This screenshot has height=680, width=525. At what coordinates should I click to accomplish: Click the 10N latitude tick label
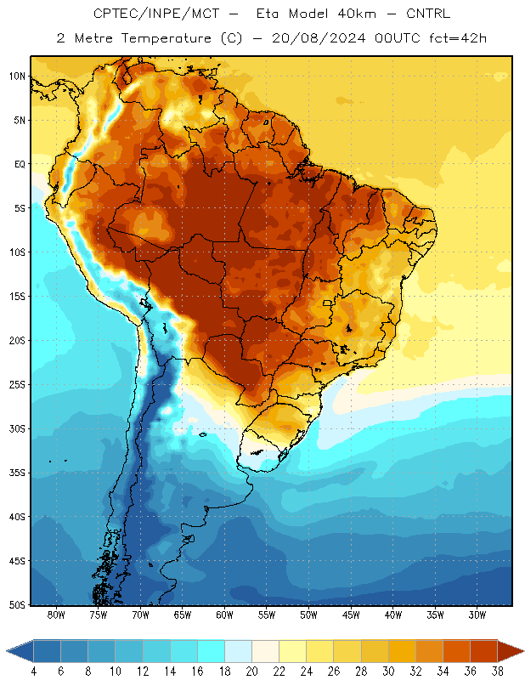(x=17, y=76)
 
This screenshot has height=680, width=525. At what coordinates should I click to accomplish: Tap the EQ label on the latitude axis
(x=20, y=164)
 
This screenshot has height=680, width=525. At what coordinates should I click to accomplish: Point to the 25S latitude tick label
(x=17, y=385)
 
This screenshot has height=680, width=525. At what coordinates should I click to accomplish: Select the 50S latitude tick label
(x=17, y=604)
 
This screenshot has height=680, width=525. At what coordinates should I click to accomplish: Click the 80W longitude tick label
(x=56, y=615)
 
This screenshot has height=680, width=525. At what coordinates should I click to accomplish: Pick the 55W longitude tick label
(x=267, y=615)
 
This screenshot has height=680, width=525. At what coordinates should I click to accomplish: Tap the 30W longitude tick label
(x=477, y=615)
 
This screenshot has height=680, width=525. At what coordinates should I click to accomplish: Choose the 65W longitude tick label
(x=183, y=615)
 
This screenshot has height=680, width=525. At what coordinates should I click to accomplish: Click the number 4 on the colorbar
(x=34, y=671)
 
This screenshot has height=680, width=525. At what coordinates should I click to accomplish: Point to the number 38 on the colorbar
(x=497, y=671)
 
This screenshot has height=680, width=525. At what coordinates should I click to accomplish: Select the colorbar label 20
(x=251, y=671)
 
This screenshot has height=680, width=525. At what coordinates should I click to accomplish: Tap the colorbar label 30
(x=388, y=671)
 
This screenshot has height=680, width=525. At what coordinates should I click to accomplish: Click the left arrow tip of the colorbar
(x=7, y=651)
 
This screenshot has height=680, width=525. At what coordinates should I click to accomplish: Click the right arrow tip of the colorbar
(x=523, y=651)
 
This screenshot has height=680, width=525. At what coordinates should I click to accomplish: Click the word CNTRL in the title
(x=428, y=14)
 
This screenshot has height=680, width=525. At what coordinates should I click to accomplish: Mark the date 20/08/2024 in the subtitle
(x=319, y=38)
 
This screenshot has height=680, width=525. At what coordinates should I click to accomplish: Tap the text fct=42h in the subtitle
(x=458, y=38)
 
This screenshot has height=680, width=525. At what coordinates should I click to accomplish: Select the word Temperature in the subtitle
(x=166, y=38)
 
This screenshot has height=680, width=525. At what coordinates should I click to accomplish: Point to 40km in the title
(x=357, y=14)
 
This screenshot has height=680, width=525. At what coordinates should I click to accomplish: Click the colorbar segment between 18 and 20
(x=238, y=651)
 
